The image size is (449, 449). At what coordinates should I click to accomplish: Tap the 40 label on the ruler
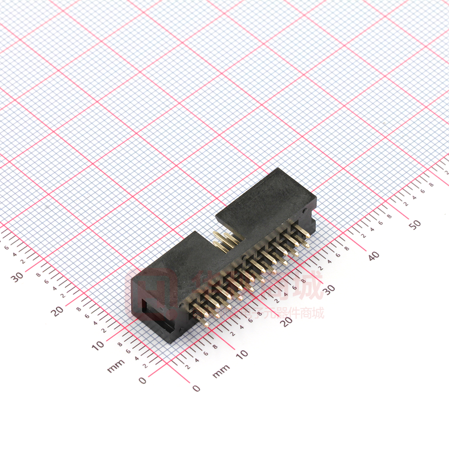pyautogui.click(x=373, y=256)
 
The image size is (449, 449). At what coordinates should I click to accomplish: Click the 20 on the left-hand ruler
pyautogui.click(x=58, y=311)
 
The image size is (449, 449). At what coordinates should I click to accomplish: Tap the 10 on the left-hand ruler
pyautogui.click(x=98, y=345)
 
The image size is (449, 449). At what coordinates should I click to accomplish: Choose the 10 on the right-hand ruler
pyautogui.click(x=242, y=354)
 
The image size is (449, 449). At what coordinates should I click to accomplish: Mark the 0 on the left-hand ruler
pyautogui.click(x=143, y=380)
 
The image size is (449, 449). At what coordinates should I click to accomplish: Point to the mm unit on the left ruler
pyautogui.click(x=116, y=367)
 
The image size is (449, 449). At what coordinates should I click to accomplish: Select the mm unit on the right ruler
pyautogui.click(x=221, y=371)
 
